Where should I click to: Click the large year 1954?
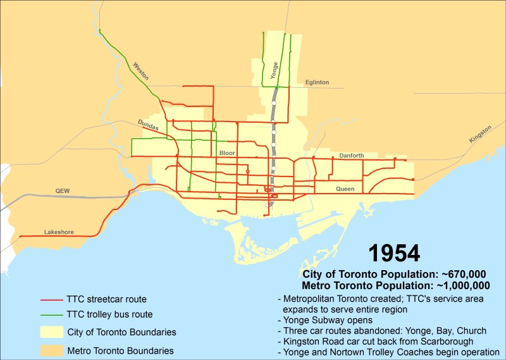(394, 253)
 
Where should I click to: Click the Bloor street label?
(226, 153)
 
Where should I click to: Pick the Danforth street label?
(352, 155)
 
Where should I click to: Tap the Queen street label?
(345, 189)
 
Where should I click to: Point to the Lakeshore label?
(59, 232)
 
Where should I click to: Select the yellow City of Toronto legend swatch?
(51, 332)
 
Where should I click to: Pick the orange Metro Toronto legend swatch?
(51, 350)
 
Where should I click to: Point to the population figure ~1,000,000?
(465, 285)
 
